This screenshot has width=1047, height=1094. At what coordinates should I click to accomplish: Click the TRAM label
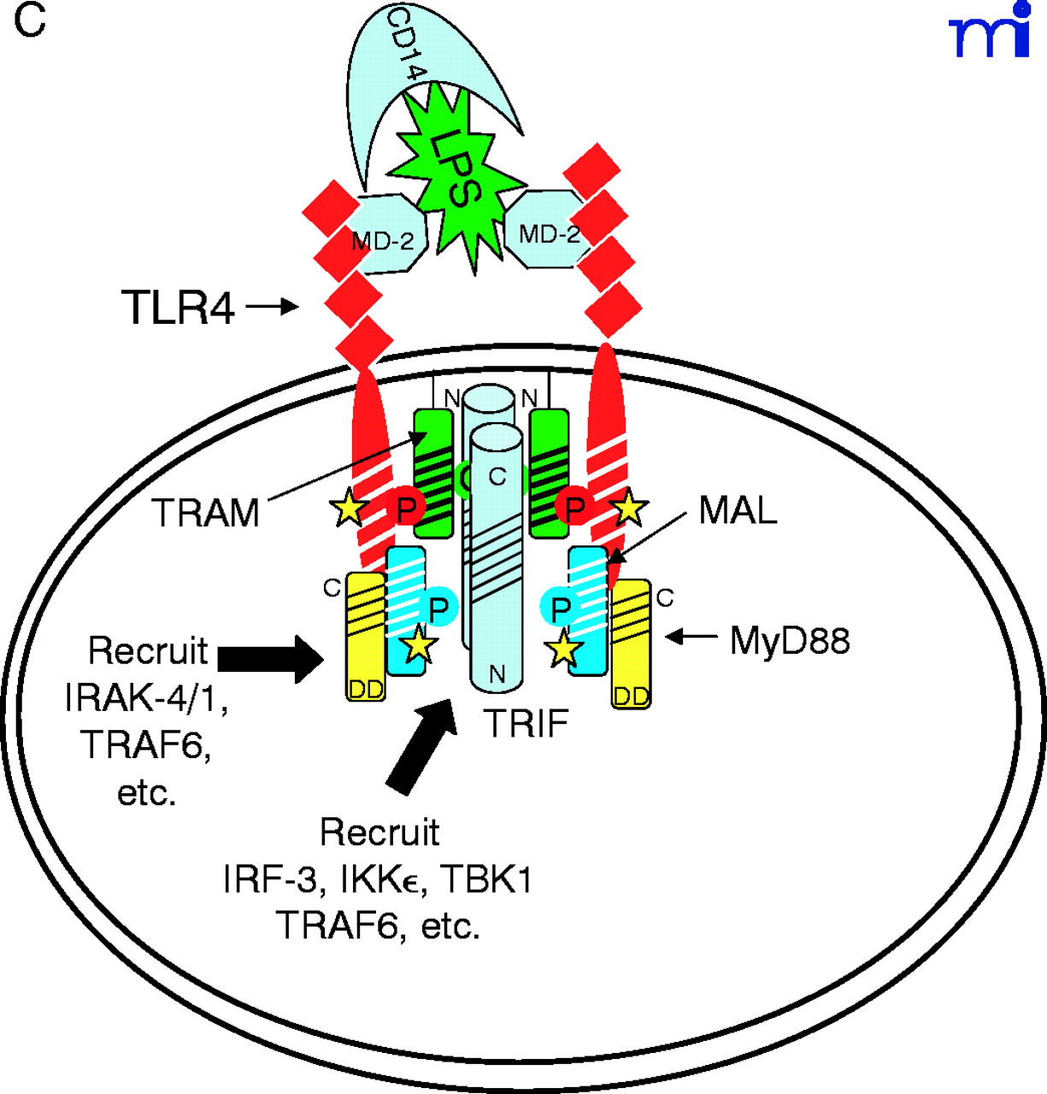(206, 513)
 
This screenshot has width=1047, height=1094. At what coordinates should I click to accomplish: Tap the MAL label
(738, 510)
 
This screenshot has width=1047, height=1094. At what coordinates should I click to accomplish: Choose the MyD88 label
(790, 639)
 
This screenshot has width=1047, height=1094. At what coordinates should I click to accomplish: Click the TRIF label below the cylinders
(526, 724)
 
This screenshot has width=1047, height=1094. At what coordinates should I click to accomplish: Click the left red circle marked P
(407, 509)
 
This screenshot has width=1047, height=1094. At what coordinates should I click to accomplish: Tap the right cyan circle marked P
(561, 609)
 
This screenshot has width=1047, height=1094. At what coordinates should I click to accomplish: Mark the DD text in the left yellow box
(367, 689)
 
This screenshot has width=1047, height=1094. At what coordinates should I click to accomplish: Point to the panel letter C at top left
(29, 21)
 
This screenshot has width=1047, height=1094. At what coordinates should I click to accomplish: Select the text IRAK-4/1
(146, 699)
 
